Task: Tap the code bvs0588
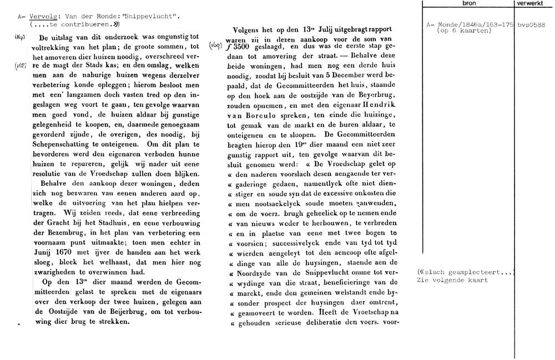(530, 26)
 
